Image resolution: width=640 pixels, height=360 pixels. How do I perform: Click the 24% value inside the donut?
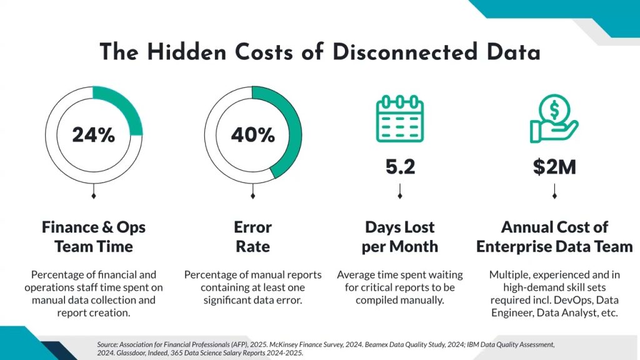click(94, 134)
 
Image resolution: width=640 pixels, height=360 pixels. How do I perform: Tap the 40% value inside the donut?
click(253, 134)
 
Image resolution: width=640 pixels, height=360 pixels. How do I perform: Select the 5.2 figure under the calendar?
click(400, 167)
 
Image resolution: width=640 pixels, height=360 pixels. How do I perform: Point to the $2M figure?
click(554, 167)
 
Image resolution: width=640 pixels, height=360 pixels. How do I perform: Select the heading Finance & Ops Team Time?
click(94, 236)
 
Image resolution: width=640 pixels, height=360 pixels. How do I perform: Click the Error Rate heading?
click(253, 236)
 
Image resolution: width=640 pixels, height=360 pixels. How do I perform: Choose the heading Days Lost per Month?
click(400, 236)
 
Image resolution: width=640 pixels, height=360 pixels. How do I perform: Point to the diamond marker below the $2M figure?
click(554, 196)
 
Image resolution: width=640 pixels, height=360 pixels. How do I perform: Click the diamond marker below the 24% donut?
click(94, 196)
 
